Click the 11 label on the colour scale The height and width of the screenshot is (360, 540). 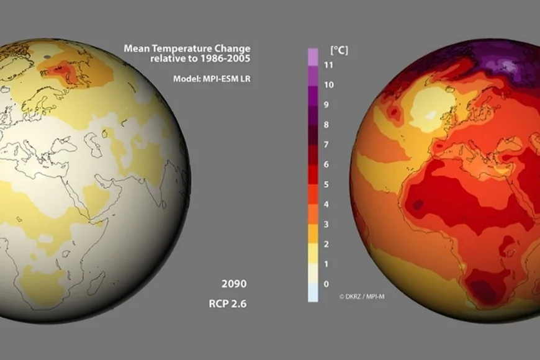330,65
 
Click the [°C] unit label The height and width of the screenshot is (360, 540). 338,50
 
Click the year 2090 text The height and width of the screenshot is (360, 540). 233,284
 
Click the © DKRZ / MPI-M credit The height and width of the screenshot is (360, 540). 362,297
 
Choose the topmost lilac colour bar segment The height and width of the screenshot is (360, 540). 313,56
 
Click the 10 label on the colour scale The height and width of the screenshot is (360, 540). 330,85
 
